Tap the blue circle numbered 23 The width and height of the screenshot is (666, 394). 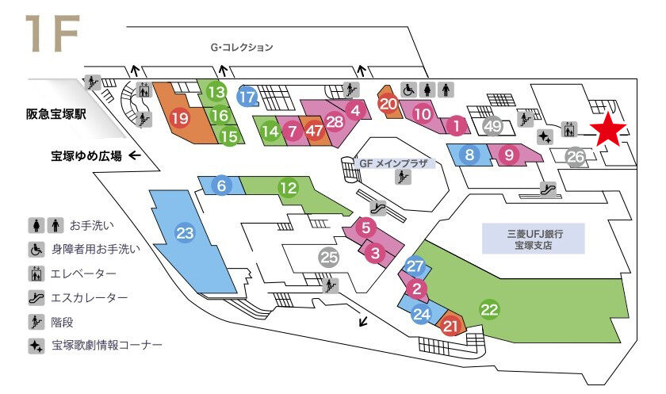[185, 233]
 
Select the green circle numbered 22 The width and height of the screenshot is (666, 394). [490, 310]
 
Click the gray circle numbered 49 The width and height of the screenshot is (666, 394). [492, 125]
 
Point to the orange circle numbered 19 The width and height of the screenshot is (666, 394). [180, 119]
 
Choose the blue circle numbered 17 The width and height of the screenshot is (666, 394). [248, 98]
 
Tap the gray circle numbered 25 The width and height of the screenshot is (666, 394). [329, 257]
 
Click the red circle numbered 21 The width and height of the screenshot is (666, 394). [451, 325]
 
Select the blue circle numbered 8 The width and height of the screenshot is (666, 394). [469, 155]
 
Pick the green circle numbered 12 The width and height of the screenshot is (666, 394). [287, 188]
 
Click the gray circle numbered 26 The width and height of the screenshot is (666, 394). [576, 157]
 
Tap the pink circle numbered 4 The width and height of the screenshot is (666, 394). [356, 110]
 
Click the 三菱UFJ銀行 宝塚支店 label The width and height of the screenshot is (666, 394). [534, 239]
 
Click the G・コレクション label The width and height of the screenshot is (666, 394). [242, 48]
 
